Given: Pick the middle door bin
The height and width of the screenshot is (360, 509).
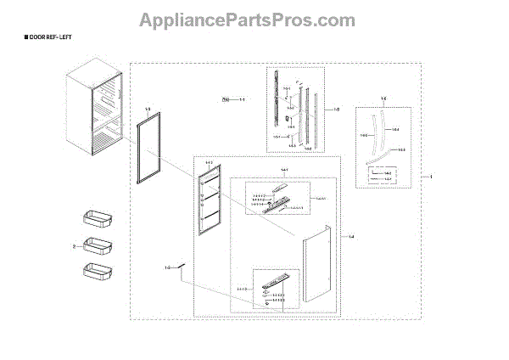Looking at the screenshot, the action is pyautogui.click(x=96, y=246).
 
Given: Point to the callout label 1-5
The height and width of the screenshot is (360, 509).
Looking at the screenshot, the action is pyautogui.click(x=337, y=109).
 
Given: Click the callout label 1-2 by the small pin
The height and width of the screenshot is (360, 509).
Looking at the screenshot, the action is pyautogui.click(x=168, y=268).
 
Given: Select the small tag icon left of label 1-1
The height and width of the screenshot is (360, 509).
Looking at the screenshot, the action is pyautogui.click(x=227, y=100).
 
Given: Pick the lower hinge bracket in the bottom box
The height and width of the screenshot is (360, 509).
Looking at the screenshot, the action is pyautogui.click(x=277, y=281).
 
